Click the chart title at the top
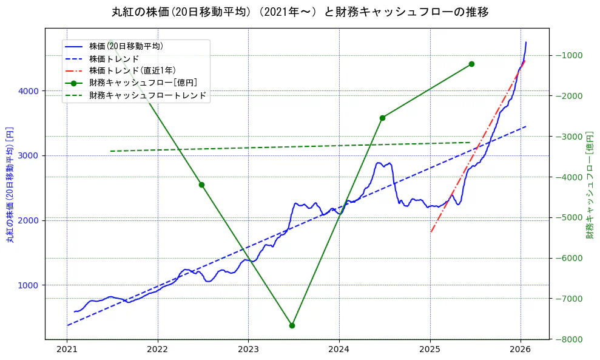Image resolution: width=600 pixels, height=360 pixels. (300, 12)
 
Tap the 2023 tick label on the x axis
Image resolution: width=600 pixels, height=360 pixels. (248, 350)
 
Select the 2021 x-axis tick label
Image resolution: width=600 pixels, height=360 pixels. (67, 350)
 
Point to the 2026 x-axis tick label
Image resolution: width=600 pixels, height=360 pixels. (521, 350)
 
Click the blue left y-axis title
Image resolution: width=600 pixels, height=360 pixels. (10, 185)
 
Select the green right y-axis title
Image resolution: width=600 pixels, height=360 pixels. (589, 185)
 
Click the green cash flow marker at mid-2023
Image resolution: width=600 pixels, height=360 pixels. (292, 325)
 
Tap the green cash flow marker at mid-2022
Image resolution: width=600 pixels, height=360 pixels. (201, 185)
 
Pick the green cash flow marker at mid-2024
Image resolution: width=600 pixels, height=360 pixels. (382, 118)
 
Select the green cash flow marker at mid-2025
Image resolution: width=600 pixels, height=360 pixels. (471, 64)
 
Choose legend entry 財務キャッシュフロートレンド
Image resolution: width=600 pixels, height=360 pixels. (147, 95)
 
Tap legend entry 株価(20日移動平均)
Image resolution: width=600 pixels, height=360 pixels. (126, 46)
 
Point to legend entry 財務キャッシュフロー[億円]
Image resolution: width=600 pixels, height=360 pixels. (143, 83)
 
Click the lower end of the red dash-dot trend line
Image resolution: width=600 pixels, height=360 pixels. (431, 232)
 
